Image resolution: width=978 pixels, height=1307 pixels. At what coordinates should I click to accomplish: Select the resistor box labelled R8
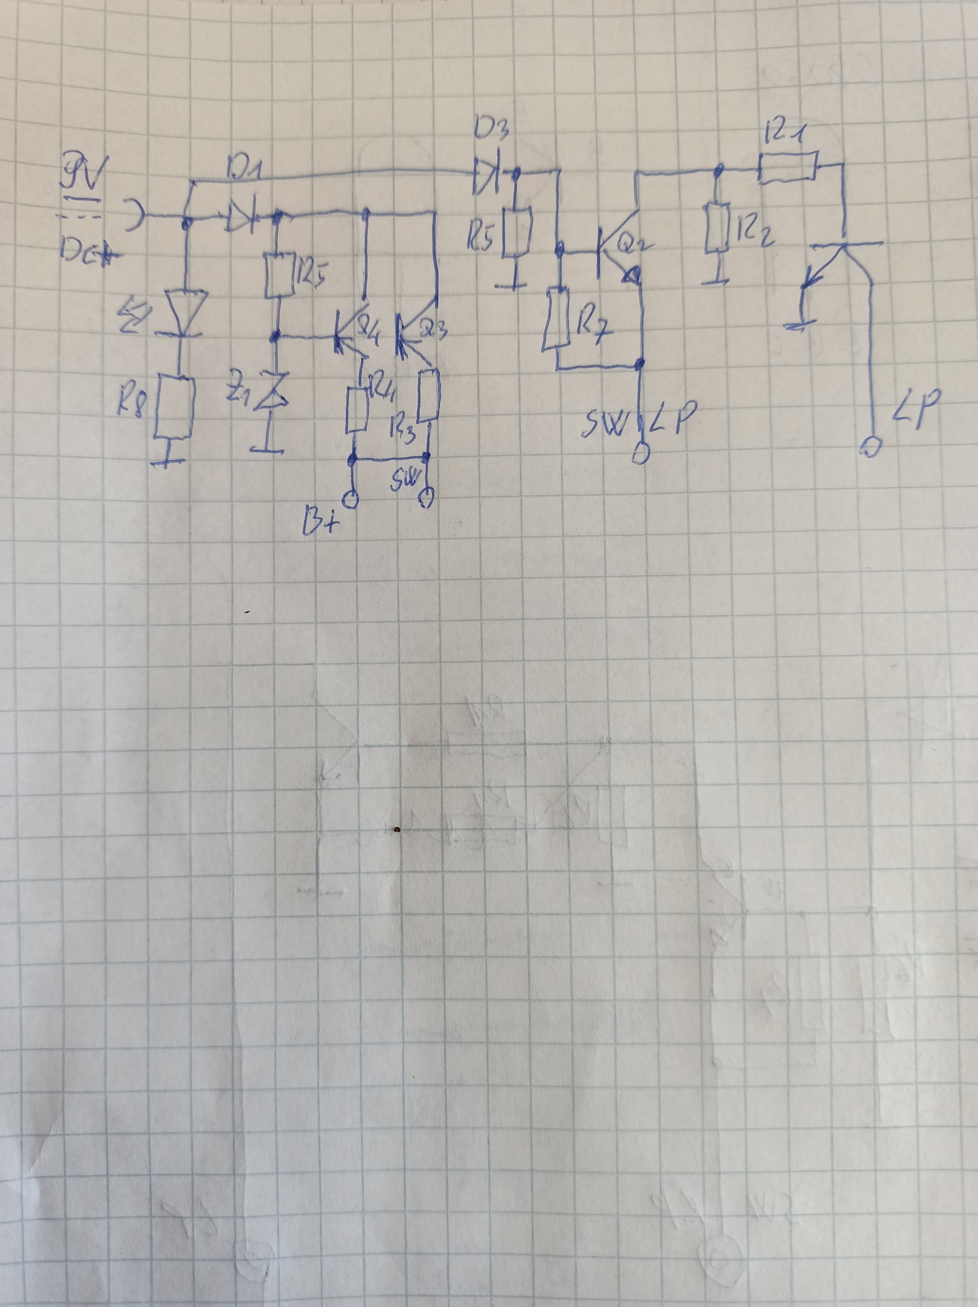174,408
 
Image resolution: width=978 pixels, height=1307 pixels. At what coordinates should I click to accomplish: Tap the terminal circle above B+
351,500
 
